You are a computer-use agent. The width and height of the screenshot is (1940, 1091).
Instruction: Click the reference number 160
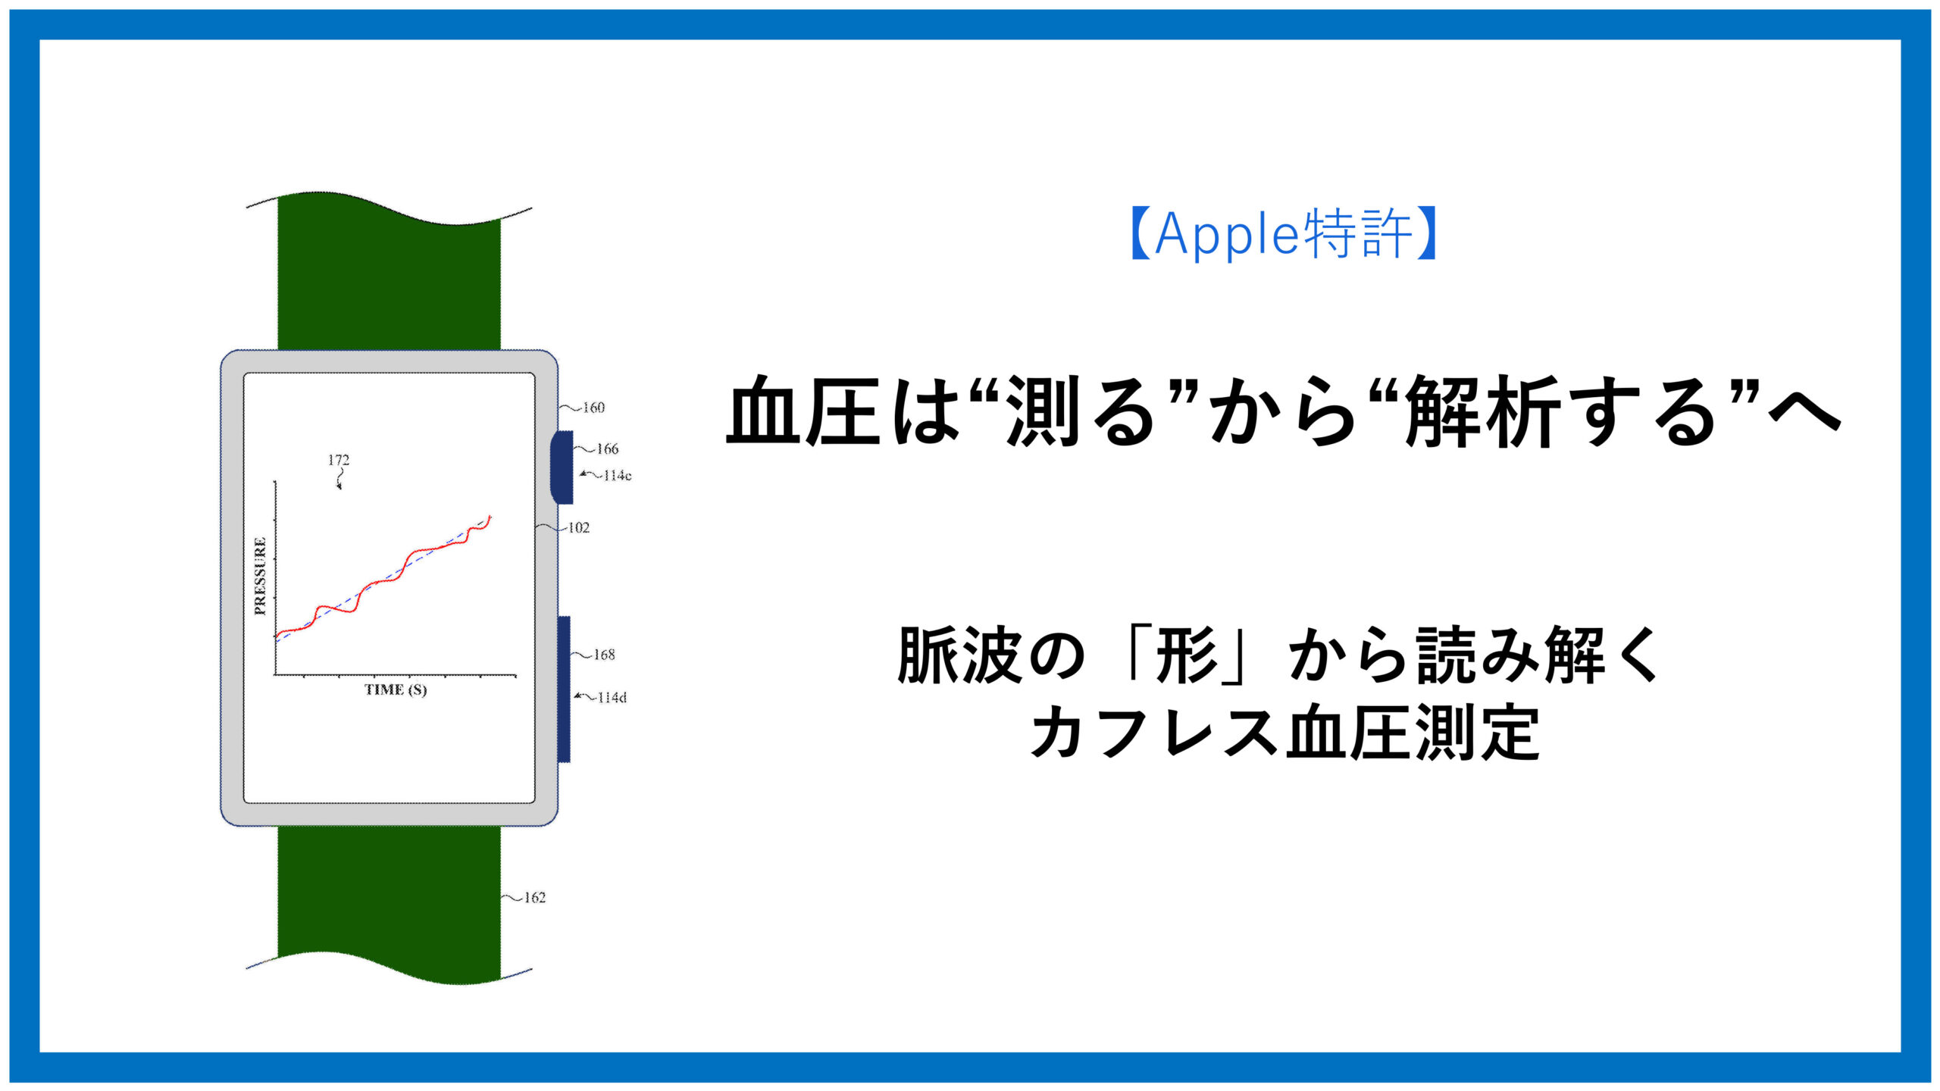click(593, 408)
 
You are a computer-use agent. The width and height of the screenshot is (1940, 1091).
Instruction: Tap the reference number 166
click(607, 449)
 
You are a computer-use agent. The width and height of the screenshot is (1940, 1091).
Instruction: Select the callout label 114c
click(617, 476)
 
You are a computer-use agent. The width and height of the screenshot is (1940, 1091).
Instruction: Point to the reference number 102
click(578, 528)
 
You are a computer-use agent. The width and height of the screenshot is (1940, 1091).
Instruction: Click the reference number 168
click(604, 655)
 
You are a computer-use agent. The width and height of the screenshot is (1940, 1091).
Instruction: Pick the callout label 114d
click(612, 698)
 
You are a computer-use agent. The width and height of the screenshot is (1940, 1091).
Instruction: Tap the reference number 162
click(534, 898)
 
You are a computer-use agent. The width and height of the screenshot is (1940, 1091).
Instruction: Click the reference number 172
click(338, 460)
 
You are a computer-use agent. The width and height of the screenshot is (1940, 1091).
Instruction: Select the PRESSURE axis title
click(260, 576)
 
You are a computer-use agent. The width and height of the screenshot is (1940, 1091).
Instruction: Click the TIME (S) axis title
click(396, 689)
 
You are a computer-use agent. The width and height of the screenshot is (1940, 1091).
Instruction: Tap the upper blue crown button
click(562, 467)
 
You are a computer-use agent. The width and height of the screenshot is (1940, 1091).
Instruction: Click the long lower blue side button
click(564, 689)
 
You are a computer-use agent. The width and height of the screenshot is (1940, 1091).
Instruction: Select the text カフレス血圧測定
click(1284, 732)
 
